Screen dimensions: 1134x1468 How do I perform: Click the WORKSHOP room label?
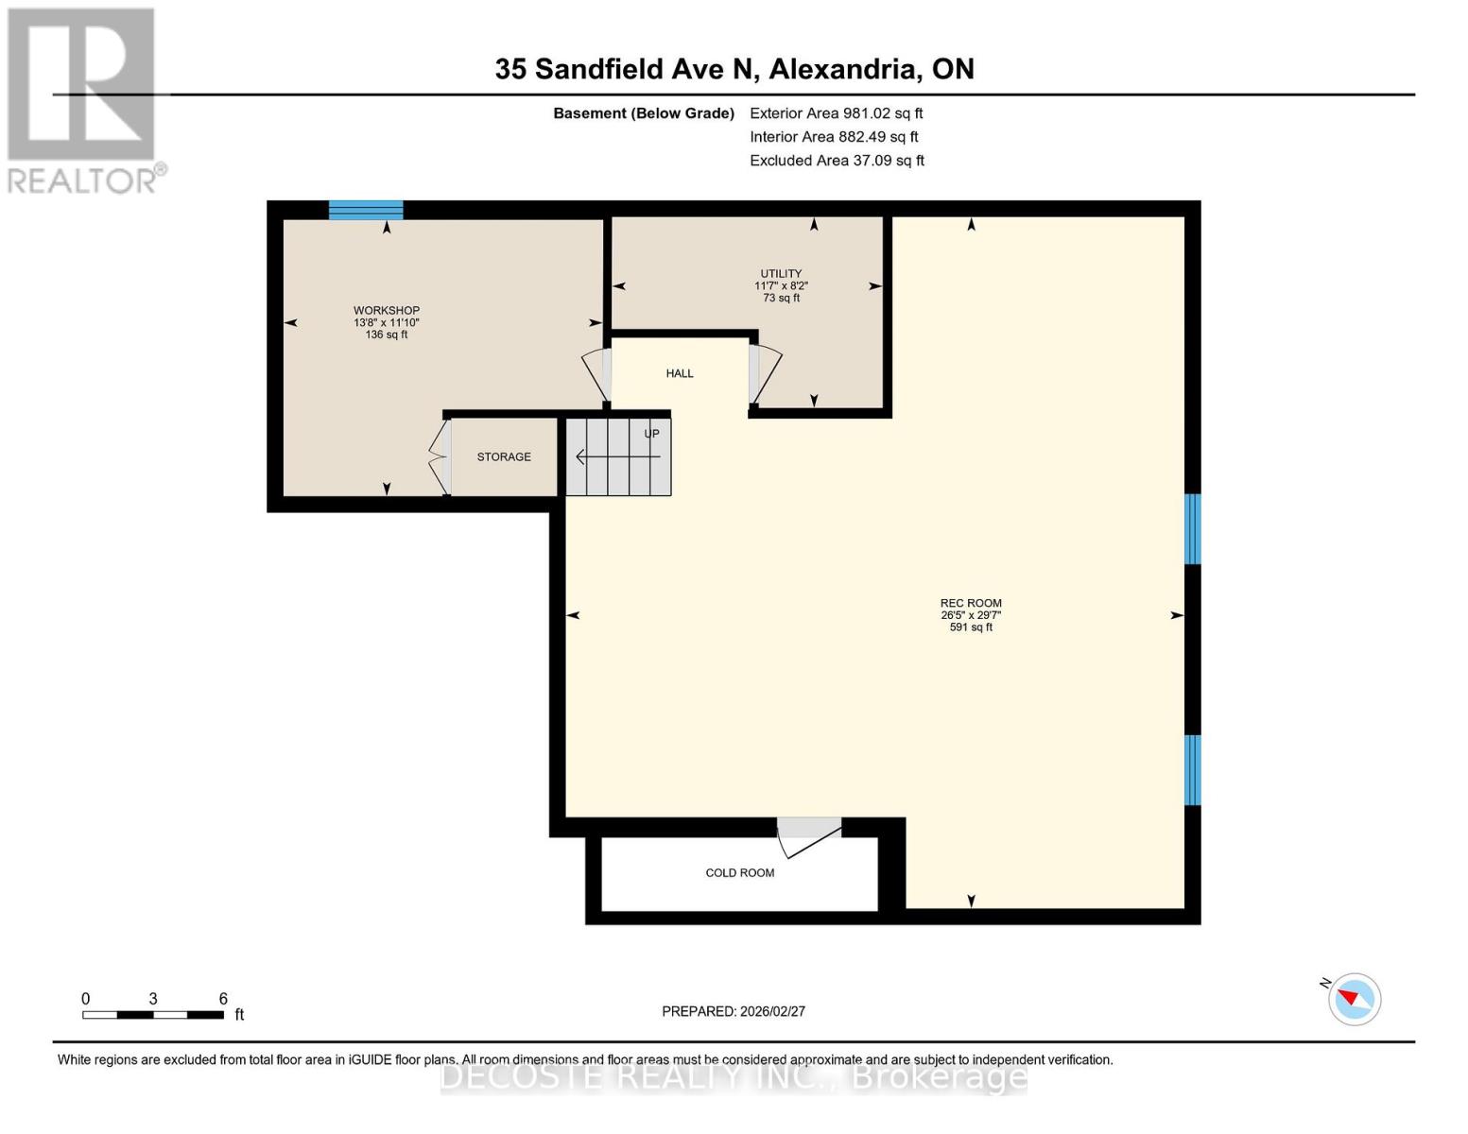pos(386,310)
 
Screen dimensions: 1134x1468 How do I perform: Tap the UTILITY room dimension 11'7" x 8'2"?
pos(781,285)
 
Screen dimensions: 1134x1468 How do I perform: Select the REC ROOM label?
pos(971,603)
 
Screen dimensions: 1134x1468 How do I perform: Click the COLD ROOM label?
pos(739,872)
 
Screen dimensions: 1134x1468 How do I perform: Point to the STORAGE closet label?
pos(503,456)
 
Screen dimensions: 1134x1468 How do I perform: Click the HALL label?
pos(679,373)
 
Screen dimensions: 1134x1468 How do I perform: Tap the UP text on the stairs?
pos(651,434)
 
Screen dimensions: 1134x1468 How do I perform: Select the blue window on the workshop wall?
pos(366,210)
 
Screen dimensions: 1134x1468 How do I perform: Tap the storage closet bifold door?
pos(439,457)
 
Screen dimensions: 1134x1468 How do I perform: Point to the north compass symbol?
pos(1354,999)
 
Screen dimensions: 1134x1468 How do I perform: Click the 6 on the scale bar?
pos(223,999)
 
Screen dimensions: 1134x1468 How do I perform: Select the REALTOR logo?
pos(83,99)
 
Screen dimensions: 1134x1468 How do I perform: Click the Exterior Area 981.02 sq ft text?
pos(836,113)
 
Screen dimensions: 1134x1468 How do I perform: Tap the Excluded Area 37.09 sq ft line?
pos(837,161)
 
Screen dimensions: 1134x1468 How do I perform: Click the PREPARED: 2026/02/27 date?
pos(733,1011)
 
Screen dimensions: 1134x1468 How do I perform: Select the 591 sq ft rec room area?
pos(971,627)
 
